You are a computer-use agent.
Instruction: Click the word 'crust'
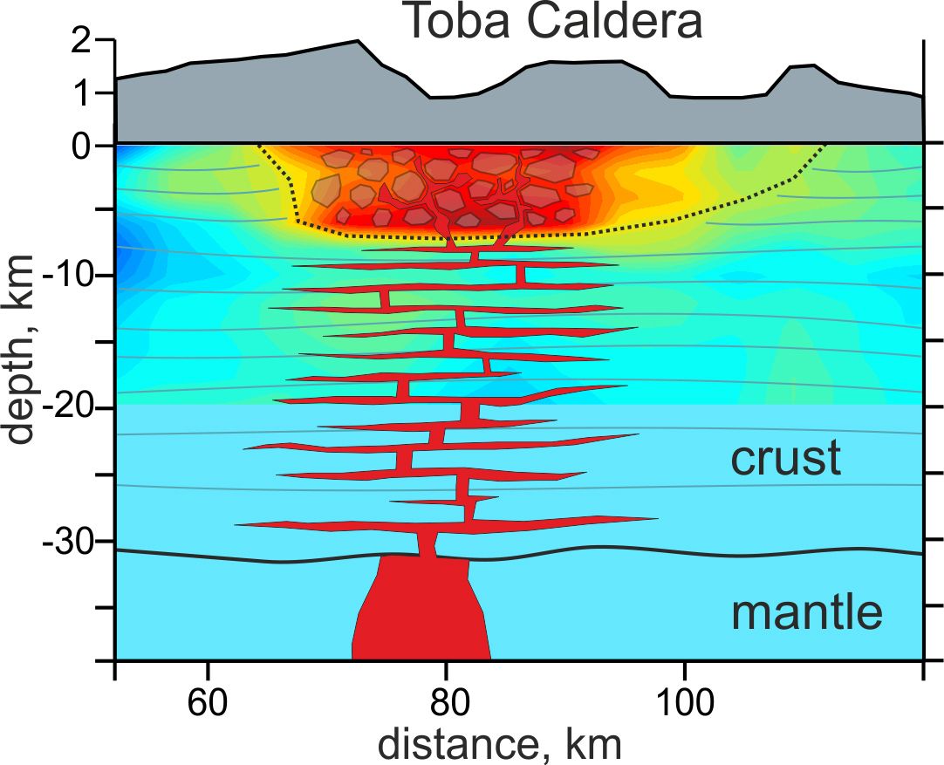(785, 458)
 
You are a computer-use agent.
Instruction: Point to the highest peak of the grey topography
(357, 41)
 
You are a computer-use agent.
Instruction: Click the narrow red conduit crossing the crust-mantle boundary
(428, 544)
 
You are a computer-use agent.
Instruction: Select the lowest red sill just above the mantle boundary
(445, 523)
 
